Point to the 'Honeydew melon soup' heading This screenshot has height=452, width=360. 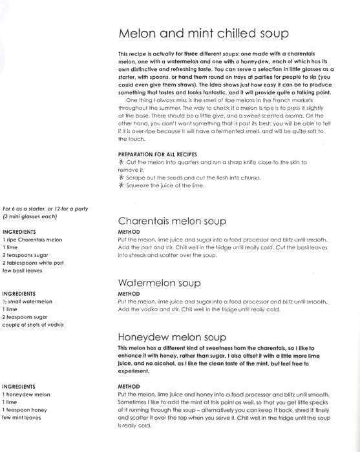[x=172, y=337]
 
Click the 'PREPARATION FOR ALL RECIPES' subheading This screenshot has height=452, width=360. [x=161, y=154]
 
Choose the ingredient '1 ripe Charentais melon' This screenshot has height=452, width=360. [x=32, y=240]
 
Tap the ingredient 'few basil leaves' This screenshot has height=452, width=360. [x=22, y=271]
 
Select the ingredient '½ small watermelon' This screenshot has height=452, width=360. [x=27, y=302]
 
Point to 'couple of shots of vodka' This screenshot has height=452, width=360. [x=33, y=325]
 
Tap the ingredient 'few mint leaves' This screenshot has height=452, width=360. [x=22, y=417]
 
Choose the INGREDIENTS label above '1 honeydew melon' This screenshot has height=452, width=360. [x=19, y=386]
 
